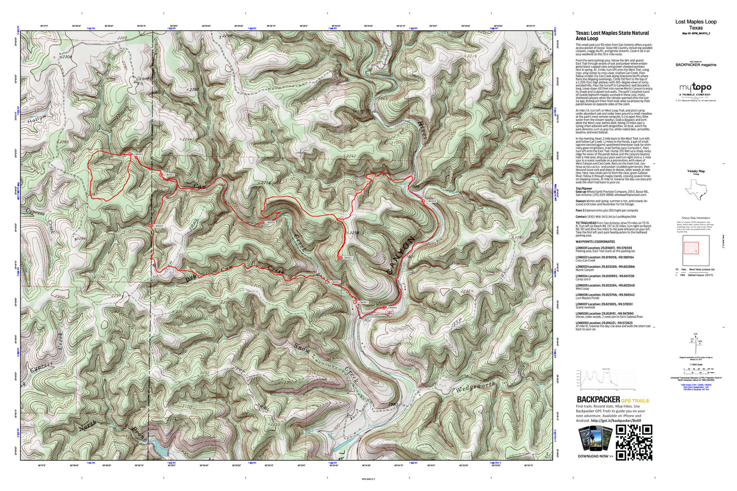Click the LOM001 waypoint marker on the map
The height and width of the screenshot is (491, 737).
coord(354,302)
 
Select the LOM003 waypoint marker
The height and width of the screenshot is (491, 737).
coord(150,226)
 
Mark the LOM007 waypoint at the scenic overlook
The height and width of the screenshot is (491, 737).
coord(339,258)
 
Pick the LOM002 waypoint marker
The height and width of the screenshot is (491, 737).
coord(327,282)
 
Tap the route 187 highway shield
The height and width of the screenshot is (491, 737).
coord(389,313)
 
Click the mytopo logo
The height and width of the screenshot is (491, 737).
coord(695,88)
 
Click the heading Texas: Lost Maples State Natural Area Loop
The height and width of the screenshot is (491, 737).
coord(612,35)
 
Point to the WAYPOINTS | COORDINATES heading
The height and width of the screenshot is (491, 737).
coord(595,242)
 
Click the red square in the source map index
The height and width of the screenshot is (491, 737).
coord(691,248)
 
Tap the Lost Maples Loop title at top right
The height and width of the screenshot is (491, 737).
coord(696,22)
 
